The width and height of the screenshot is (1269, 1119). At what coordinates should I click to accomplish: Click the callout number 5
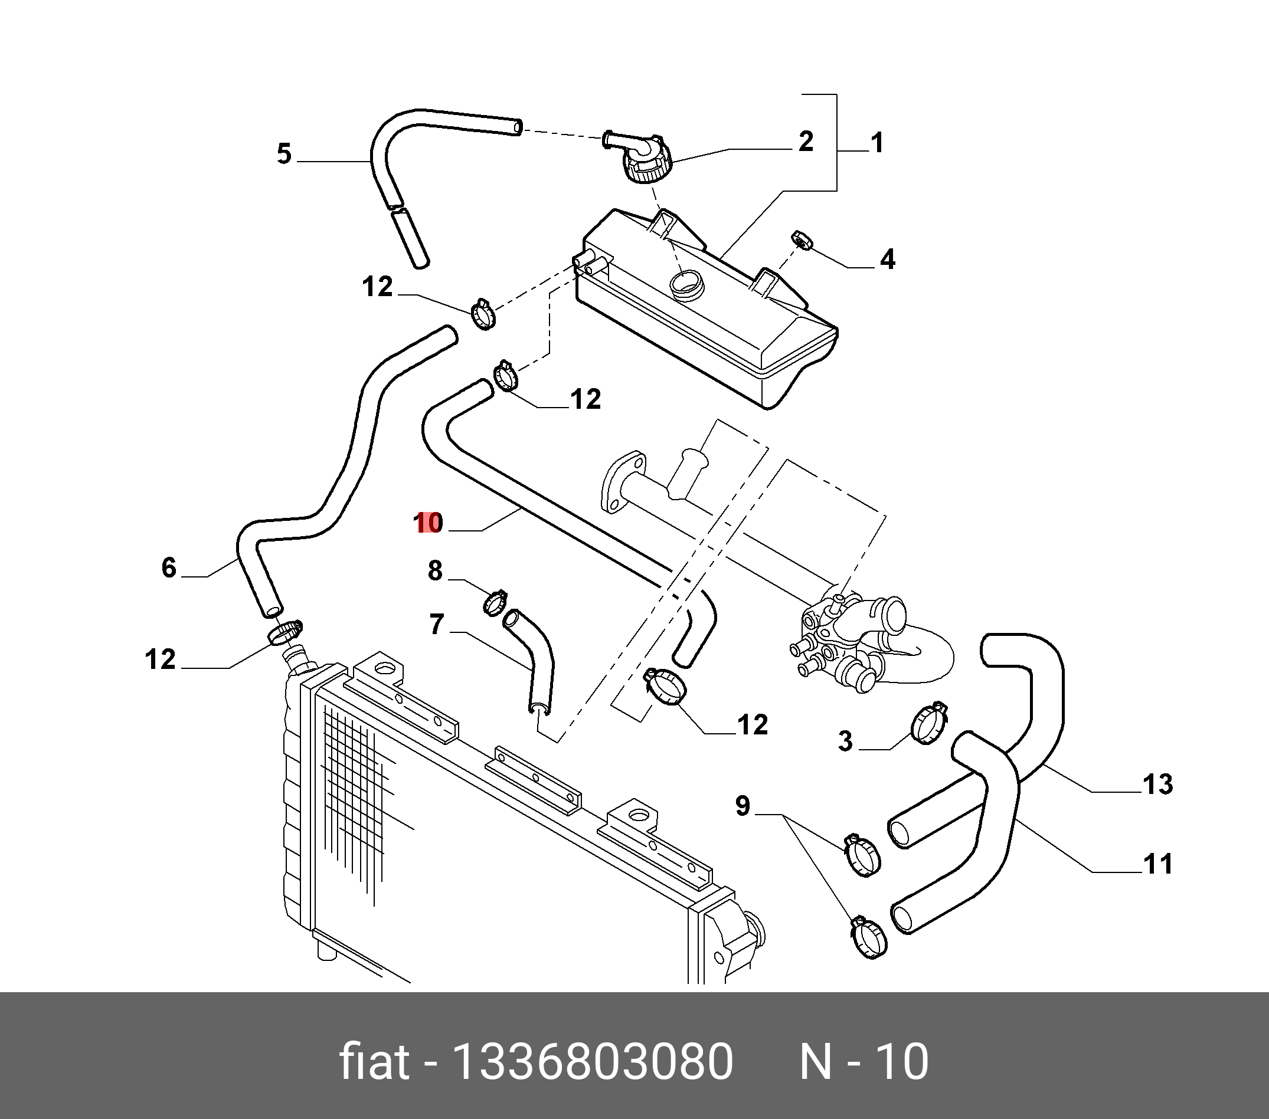(284, 154)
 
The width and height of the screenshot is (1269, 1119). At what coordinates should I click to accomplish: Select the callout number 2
(805, 142)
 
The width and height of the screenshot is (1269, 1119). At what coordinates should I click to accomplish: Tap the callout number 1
(876, 143)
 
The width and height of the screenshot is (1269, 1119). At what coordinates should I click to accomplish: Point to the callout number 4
(888, 260)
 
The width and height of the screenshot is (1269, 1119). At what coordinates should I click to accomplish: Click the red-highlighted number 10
(429, 523)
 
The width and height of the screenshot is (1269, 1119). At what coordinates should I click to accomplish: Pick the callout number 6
(169, 568)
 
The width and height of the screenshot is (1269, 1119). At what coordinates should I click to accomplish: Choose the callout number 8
(434, 570)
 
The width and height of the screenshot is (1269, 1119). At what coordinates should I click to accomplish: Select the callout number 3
(845, 741)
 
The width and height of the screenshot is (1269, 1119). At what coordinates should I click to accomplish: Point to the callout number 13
(1157, 785)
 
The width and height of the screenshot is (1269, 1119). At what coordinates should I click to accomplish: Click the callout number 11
(1157, 864)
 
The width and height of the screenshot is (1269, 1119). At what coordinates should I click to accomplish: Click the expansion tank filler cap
(647, 165)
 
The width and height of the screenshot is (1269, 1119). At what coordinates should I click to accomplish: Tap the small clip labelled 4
(802, 240)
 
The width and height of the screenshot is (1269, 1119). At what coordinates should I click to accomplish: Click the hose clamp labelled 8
(495, 602)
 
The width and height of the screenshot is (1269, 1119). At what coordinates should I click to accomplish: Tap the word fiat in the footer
(374, 1062)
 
